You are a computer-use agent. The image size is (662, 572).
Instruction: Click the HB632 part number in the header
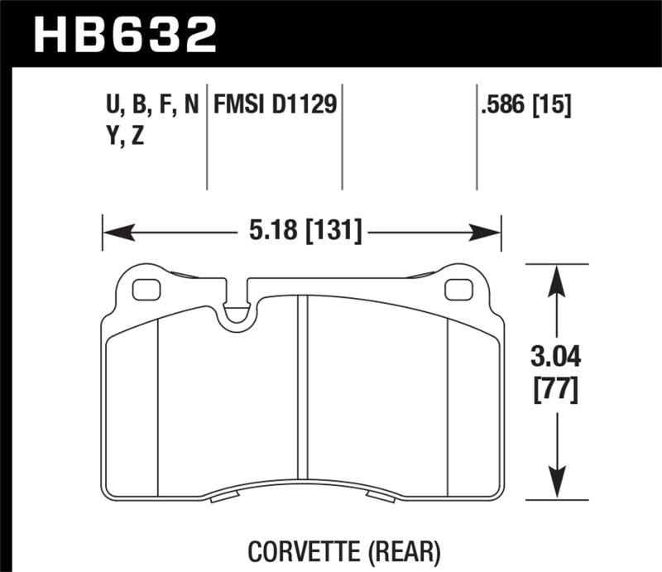(x=124, y=35)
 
